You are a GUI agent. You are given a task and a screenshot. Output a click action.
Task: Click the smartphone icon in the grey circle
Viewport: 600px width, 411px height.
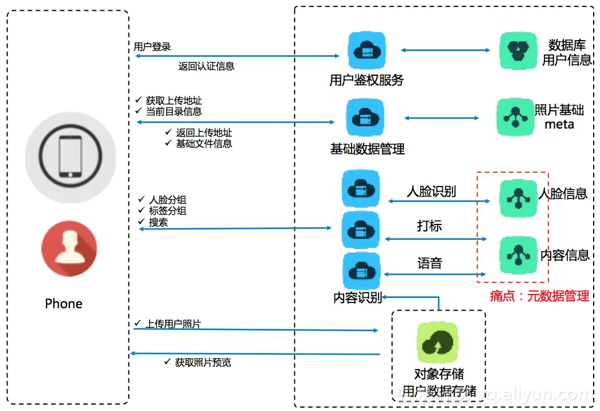pos(70,157)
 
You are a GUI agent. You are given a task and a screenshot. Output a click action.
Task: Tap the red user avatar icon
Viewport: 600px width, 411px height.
pos(69,249)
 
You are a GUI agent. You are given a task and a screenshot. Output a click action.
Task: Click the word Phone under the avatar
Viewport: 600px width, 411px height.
pos(64,304)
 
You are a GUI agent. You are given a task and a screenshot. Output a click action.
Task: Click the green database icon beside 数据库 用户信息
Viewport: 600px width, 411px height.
pos(518,51)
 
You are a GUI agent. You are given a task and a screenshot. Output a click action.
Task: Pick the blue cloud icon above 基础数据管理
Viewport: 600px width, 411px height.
pos(365,118)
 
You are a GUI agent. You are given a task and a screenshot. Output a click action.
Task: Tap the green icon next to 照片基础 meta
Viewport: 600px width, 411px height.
pos(515,117)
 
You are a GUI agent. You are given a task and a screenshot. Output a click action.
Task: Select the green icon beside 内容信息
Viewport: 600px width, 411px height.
pos(518,255)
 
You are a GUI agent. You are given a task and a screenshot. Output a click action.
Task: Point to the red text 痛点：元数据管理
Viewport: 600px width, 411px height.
pos(539,296)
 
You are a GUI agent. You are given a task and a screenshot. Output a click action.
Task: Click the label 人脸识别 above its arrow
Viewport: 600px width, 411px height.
pos(431,191)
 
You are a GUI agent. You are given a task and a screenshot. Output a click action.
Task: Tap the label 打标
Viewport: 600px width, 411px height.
pos(430,226)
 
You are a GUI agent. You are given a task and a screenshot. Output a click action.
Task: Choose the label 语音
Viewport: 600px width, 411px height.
pos(430,263)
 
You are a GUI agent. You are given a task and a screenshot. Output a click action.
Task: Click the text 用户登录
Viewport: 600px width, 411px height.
pos(153,46)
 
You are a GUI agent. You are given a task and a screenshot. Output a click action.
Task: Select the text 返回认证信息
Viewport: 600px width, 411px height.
pos(207,66)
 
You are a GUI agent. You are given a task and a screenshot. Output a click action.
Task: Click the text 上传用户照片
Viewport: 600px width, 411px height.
pos(173,324)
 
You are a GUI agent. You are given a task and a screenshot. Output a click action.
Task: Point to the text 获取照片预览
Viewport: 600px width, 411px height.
pos(203,362)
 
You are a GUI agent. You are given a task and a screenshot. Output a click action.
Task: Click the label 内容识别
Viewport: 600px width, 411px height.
pos(357,298)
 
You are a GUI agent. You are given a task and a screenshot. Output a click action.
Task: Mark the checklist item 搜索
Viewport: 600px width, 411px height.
pos(158,222)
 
